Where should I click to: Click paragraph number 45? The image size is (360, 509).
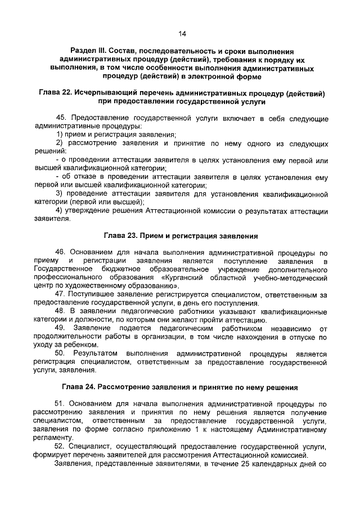tap(61, 118)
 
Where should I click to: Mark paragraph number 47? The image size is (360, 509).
tap(61, 294)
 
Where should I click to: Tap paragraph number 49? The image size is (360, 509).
tap(61, 327)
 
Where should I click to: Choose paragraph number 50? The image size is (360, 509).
tap(61, 353)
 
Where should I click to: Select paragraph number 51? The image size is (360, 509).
tap(61, 404)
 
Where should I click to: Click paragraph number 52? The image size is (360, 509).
tap(61, 446)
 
